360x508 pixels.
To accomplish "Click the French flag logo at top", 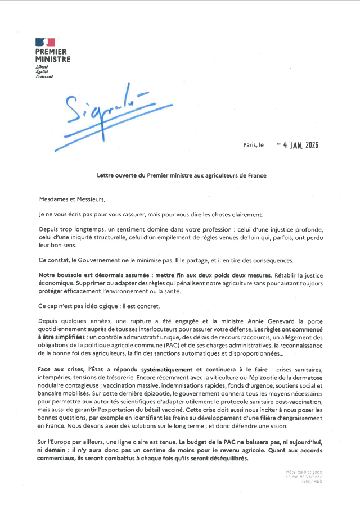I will pos(45,42).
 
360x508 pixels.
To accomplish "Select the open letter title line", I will pos(182,175).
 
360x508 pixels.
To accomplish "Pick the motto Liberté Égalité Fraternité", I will pos(44,71).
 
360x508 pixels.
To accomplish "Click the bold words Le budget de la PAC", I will pos(217,443).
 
